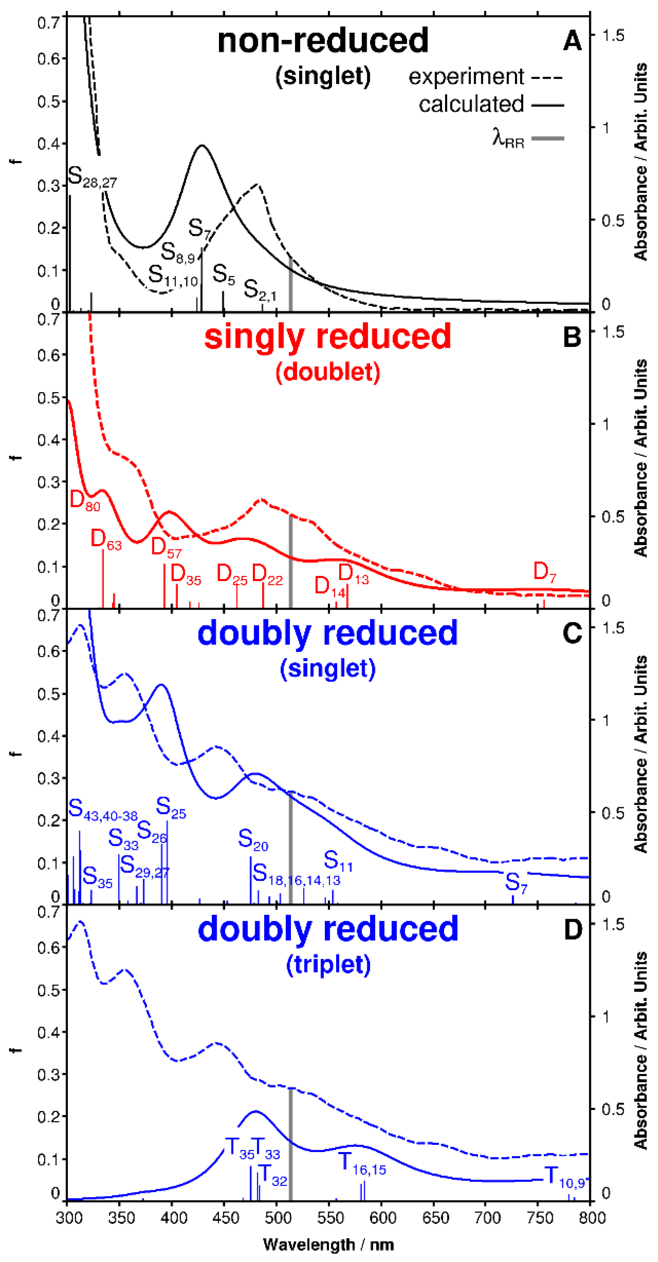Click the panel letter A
[572, 40]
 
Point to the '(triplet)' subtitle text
[328, 965]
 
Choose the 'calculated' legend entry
[471, 104]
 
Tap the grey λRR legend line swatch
[548, 139]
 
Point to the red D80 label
[85, 501]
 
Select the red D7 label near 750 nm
[544, 572]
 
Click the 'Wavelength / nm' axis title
[328, 1244]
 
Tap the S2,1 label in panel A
[260, 290]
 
